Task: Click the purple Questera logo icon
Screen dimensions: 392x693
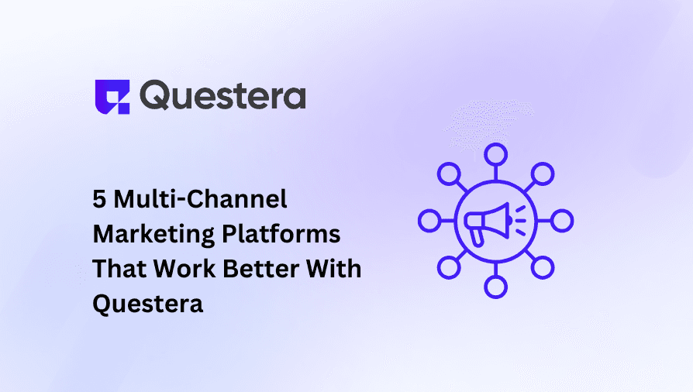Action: (x=110, y=96)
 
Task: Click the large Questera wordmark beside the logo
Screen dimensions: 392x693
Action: (x=224, y=97)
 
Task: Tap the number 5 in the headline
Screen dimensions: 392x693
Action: (x=100, y=200)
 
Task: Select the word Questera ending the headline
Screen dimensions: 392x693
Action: (x=148, y=303)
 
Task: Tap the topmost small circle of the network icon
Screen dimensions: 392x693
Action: (x=495, y=153)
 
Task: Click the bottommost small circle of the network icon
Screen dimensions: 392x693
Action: (x=495, y=287)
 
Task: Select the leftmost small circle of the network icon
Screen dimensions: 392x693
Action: (x=428, y=221)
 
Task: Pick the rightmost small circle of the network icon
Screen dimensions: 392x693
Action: (x=562, y=221)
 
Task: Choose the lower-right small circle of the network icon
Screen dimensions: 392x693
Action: (x=543, y=268)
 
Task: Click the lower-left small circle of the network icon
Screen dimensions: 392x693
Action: (x=448, y=268)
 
